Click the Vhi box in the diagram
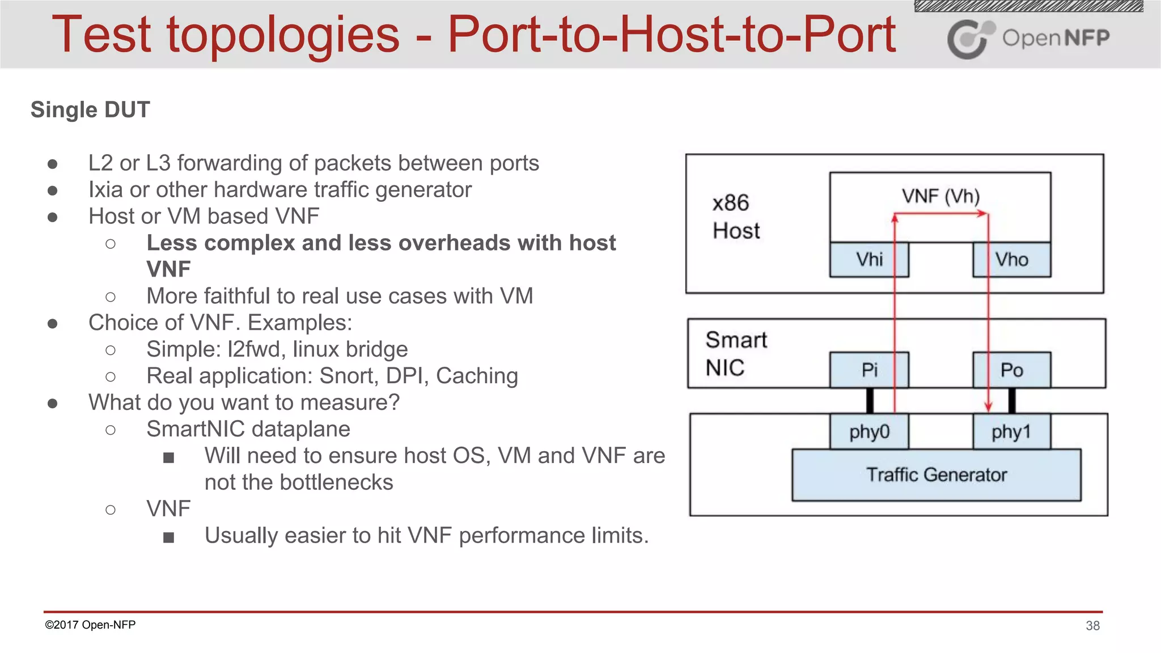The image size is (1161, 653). [x=869, y=260]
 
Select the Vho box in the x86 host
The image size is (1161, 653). [x=1012, y=260]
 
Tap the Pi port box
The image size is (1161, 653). [x=869, y=370]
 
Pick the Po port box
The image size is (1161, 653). [x=1012, y=370]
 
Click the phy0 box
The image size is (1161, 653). [x=869, y=432]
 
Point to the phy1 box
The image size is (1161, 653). [x=1012, y=432]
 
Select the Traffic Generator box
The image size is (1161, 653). [x=937, y=475]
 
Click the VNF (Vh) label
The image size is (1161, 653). [x=940, y=196]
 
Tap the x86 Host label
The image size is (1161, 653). [x=735, y=217]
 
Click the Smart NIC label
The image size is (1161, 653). [x=735, y=354]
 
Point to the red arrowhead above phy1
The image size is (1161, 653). [x=988, y=406]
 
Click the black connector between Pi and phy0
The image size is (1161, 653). [x=870, y=401]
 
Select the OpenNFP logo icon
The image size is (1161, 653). [x=970, y=39]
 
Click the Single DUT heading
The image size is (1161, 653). [x=90, y=110]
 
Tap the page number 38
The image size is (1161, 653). [x=1092, y=626]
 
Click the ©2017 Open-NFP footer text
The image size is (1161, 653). [x=90, y=625]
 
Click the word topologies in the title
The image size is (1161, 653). [x=283, y=35]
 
